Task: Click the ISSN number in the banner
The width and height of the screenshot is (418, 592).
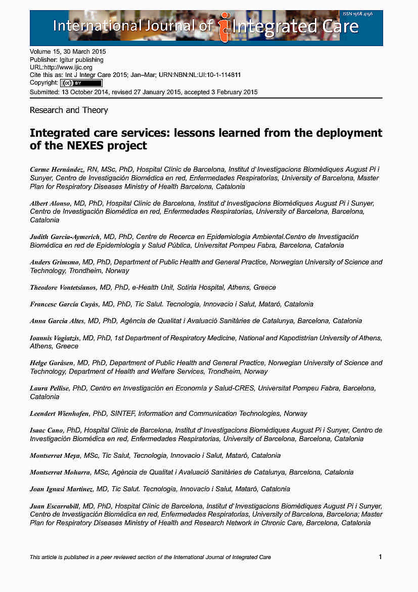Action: (x=357, y=14)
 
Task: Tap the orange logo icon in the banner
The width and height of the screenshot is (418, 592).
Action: (x=224, y=27)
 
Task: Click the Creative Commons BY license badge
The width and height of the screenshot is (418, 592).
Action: (x=81, y=83)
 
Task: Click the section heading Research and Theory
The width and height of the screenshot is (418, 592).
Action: (x=69, y=110)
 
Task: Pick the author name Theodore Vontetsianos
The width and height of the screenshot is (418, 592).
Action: (x=63, y=287)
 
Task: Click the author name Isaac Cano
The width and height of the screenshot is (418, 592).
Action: (x=47, y=430)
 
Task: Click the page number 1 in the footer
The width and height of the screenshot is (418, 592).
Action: (x=380, y=557)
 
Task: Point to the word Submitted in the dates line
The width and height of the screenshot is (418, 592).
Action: (x=44, y=92)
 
